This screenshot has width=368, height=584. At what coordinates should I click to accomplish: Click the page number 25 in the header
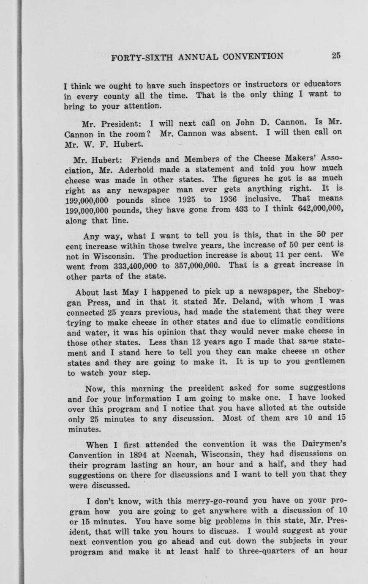tap(336, 55)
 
